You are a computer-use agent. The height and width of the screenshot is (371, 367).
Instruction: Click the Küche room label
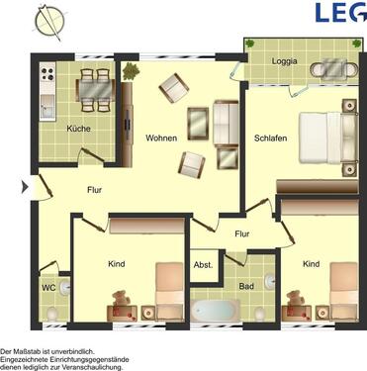click(78, 130)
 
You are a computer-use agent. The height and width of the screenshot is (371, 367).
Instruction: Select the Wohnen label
click(160, 138)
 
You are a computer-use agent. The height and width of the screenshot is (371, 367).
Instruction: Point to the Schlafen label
click(270, 138)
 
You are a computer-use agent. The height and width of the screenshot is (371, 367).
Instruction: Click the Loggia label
click(285, 60)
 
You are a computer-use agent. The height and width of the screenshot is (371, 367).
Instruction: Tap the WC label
click(48, 289)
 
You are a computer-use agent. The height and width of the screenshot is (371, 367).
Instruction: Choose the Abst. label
click(203, 265)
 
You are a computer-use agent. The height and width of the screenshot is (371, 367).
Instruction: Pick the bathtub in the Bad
click(216, 310)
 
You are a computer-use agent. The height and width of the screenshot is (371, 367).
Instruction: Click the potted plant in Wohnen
click(131, 70)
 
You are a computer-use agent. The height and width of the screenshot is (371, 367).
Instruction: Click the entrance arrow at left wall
click(36, 184)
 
